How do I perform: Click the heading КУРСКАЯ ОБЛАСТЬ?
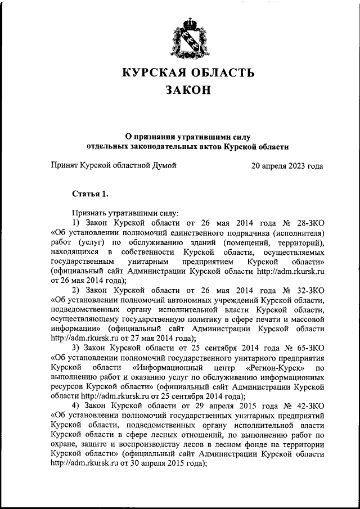coord(188,73)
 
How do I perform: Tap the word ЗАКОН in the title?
coord(188,91)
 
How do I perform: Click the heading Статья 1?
coord(90,194)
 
